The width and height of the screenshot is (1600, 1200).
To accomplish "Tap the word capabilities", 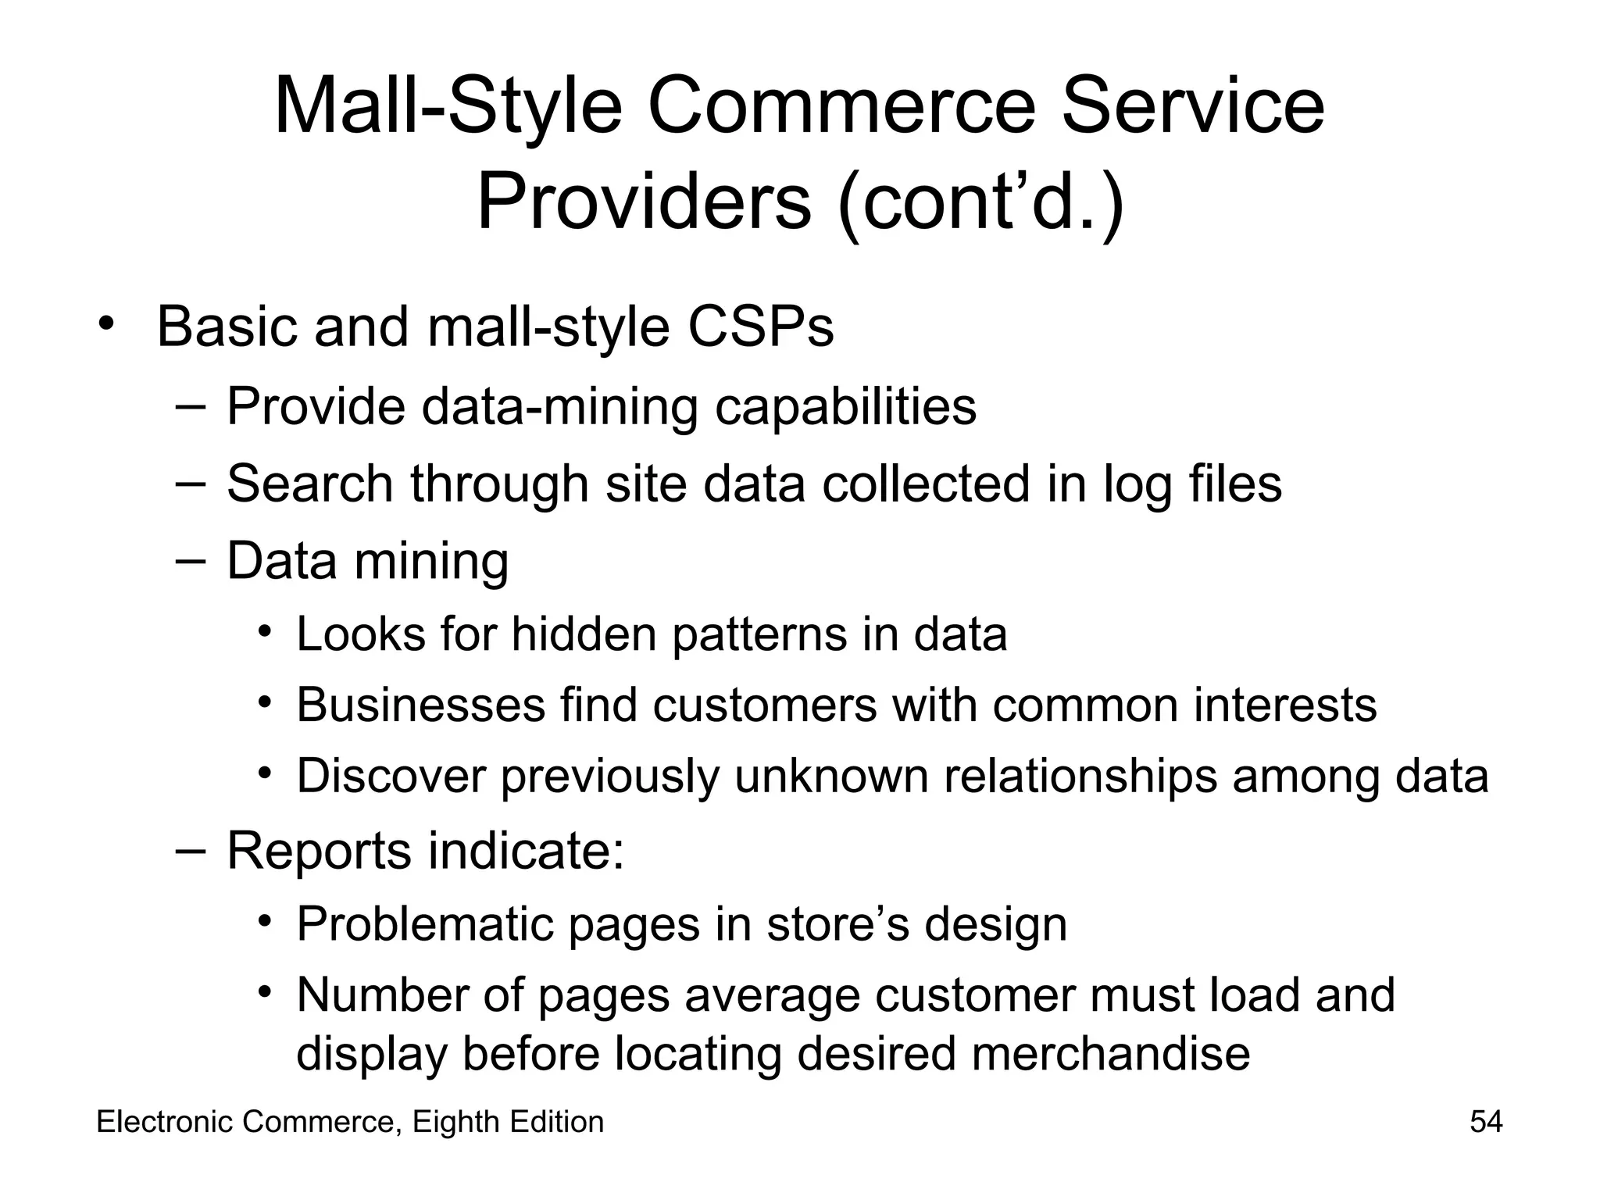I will (x=845, y=407).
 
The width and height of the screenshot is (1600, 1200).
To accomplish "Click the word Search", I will (x=309, y=484).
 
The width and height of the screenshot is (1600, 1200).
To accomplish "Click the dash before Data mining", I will (x=191, y=559).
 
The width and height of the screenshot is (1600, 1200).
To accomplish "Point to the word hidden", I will (x=584, y=634).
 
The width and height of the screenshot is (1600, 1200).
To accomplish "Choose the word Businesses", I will (x=420, y=705).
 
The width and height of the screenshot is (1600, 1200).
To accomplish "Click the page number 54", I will (x=1486, y=1122).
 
